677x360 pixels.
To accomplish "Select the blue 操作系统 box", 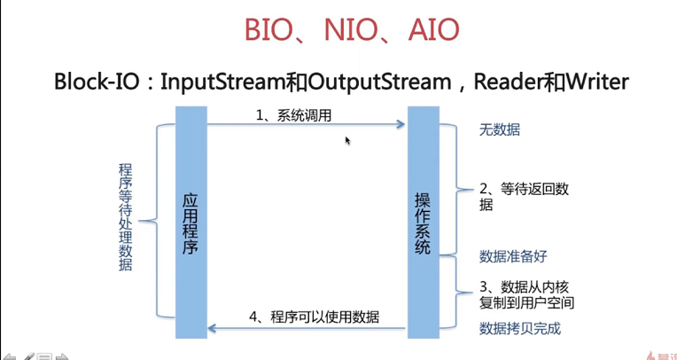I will click(424, 222).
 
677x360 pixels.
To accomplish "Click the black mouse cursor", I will click(347, 140).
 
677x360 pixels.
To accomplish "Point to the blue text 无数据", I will click(500, 130).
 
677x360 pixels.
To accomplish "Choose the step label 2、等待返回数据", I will click(523, 196).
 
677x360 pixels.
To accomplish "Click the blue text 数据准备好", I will click(513, 256).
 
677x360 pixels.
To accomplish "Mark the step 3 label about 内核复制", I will click(526, 294).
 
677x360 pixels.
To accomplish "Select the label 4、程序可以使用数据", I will click(314, 317).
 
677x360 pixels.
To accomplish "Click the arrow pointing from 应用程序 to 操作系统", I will click(306, 126).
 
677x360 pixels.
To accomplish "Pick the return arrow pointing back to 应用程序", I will click(306, 330).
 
